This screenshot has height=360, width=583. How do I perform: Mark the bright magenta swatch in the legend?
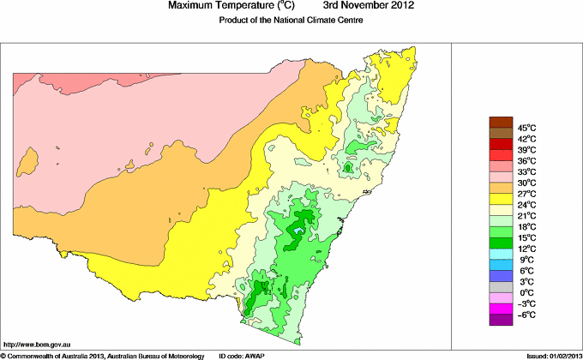[x=501, y=309]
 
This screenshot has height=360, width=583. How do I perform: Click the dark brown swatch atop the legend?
[x=501, y=121]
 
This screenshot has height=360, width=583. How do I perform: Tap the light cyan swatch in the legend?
[x=501, y=254]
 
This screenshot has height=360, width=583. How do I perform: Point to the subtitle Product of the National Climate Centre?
[x=291, y=21]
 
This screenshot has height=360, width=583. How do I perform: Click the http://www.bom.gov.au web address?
[x=39, y=343]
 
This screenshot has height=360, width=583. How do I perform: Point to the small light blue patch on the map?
[x=298, y=230]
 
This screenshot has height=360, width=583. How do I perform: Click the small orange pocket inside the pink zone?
[x=31, y=159]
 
